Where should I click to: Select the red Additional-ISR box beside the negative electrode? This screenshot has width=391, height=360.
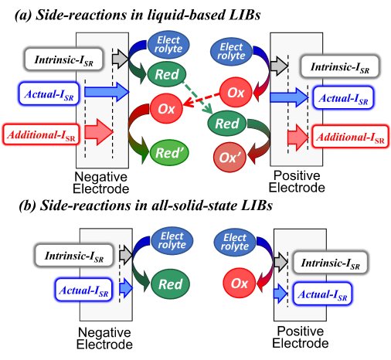tap(34, 133)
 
